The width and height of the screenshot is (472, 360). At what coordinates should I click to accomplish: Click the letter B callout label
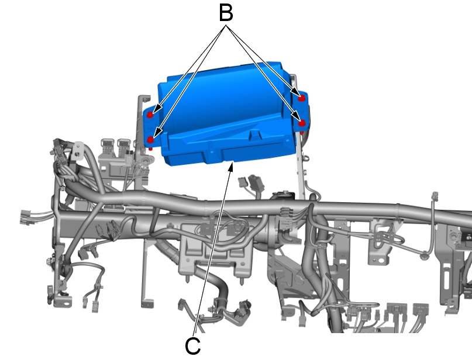226,13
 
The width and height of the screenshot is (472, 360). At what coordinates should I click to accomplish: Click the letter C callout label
192,346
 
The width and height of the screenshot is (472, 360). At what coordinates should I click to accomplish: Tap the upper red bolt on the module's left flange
150,115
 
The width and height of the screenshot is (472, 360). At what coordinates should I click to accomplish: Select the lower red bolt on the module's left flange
150,140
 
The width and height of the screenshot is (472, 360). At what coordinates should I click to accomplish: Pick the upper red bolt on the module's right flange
302,98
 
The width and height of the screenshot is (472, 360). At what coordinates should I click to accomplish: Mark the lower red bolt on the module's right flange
302,123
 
